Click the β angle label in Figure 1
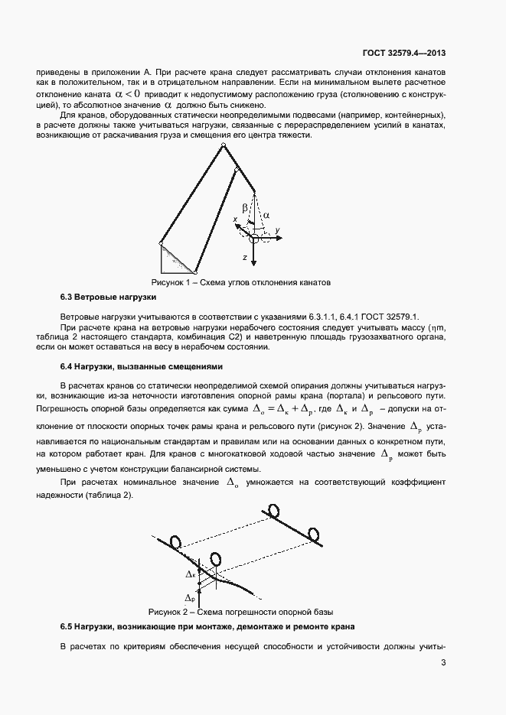point(245,207)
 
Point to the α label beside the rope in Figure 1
point(266,216)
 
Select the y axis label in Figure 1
point(279,229)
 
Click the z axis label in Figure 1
point(244,258)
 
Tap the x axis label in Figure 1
point(237,219)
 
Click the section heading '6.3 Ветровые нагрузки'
point(108,297)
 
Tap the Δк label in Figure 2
point(191,573)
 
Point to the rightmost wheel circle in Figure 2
point(312,534)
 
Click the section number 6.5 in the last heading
point(67,627)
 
